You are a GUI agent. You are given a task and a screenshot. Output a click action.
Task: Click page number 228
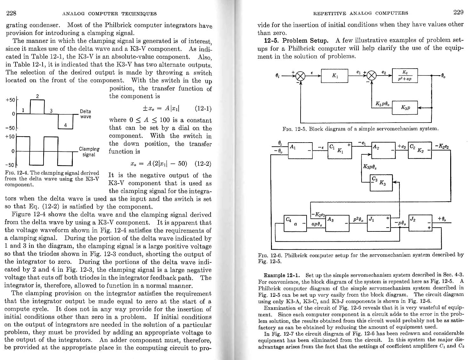click(11, 13)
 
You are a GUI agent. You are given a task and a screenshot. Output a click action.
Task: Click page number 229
click(458, 12)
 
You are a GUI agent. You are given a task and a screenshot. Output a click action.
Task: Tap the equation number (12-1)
click(203, 109)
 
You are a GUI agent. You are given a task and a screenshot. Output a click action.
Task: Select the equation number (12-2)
click(203, 164)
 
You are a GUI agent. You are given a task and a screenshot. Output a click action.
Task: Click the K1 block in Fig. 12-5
click(334, 76)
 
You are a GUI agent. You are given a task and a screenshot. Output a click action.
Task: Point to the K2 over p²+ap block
click(405, 76)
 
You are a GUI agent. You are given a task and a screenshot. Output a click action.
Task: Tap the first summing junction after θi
click(300, 76)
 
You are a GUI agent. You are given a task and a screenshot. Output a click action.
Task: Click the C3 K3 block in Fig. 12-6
click(381, 183)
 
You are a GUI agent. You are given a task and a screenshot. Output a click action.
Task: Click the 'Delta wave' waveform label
click(85, 114)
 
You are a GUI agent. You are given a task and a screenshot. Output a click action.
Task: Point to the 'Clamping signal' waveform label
click(89, 152)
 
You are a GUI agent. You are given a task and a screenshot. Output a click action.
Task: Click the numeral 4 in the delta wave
click(65, 125)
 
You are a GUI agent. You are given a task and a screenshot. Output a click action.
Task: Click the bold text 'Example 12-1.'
click(282, 275)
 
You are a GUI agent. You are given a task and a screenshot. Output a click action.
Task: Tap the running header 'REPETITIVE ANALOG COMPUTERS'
click(361, 13)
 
